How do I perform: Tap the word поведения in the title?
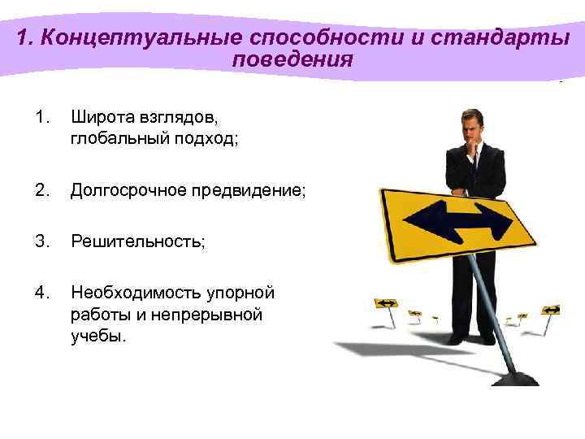point(292,60)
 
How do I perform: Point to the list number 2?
point(43,190)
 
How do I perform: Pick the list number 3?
point(43,240)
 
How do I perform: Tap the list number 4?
point(43,292)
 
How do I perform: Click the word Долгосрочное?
point(126,190)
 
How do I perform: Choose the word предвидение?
point(247,190)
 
